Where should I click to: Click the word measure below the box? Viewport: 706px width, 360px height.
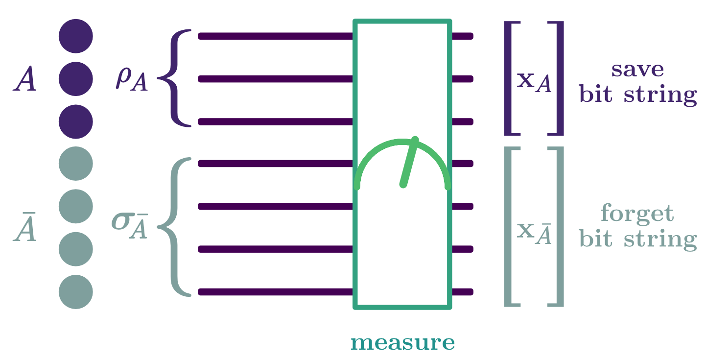[x=402, y=343]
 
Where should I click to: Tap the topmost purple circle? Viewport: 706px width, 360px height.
[x=76, y=36]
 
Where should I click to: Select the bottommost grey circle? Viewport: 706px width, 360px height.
[x=76, y=292]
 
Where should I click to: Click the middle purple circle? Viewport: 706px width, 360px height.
[x=76, y=79]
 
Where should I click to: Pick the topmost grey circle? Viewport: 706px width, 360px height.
[x=76, y=164]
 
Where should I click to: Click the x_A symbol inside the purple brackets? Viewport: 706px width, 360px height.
[x=534, y=82]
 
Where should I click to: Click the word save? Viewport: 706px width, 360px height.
[x=637, y=70]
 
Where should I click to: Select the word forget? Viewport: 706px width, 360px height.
[x=637, y=215]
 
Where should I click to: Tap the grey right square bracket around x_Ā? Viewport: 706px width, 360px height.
[x=558, y=227]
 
